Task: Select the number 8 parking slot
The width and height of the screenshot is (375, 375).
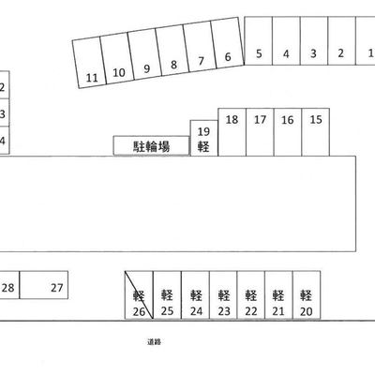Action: (x=172, y=52)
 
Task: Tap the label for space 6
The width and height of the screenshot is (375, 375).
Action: (x=228, y=57)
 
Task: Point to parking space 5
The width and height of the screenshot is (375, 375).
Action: (x=259, y=41)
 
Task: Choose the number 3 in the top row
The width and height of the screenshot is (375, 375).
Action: (x=313, y=53)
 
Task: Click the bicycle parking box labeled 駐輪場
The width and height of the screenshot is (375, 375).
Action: (x=151, y=145)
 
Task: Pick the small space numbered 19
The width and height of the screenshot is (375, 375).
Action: (x=204, y=138)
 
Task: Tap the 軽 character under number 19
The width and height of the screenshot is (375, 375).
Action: (x=203, y=146)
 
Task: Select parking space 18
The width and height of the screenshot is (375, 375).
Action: (x=232, y=132)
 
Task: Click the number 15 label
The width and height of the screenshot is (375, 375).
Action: (x=316, y=119)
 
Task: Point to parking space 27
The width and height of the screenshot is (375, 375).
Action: (x=44, y=285)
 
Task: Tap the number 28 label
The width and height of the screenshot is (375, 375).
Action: (x=8, y=288)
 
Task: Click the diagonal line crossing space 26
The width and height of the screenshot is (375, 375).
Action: (x=139, y=295)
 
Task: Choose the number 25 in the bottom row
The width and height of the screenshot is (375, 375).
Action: (x=167, y=311)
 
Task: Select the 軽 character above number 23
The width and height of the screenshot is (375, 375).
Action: (x=224, y=295)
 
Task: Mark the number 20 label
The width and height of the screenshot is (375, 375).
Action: (x=306, y=311)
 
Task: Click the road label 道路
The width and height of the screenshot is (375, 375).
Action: (x=154, y=342)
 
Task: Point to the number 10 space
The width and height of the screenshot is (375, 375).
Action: (x=117, y=58)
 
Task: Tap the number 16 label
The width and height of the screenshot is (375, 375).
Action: (x=288, y=120)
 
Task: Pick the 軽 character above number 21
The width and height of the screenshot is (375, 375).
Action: (x=277, y=295)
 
